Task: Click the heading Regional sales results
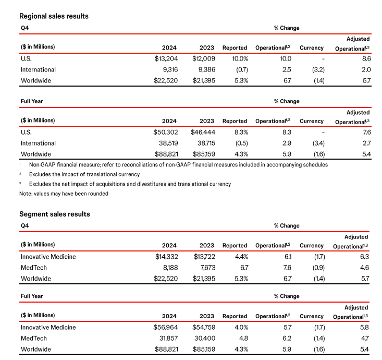tap(54, 16)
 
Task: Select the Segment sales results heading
tap(55, 214)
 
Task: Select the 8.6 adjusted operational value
tap(365, 58)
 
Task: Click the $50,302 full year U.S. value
tap(166, 133)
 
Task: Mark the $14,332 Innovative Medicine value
tap(166, 256)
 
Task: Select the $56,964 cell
tap(166, 328)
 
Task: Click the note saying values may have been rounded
tap(64, 194)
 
